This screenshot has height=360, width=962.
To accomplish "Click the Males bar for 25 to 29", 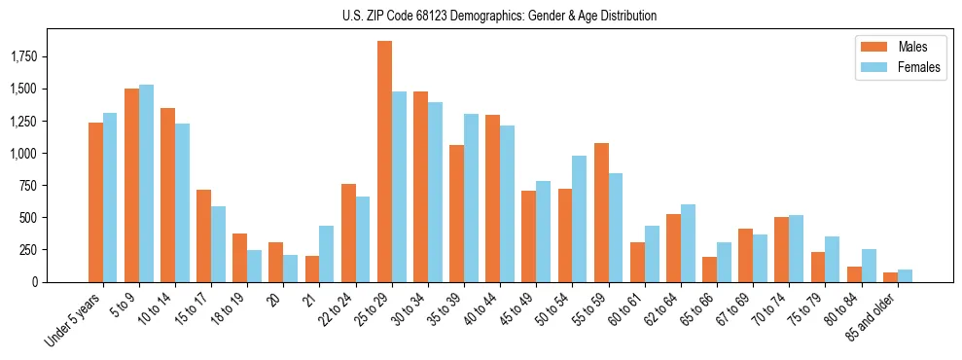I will tap(384, 162).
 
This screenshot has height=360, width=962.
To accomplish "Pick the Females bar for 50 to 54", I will tap(579, 219).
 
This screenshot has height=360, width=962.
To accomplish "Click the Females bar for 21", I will tap(326, 254).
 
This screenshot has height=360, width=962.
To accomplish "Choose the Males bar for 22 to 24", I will tap(348, 233).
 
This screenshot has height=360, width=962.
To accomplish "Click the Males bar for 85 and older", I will tap(890, 277).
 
